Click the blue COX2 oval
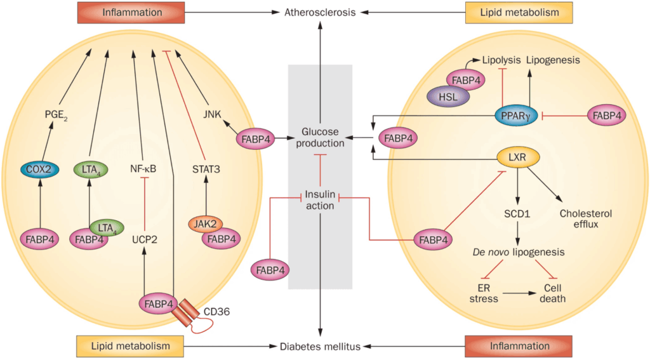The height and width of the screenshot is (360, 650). (40, 170)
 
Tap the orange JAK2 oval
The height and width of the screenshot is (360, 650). (204, 225)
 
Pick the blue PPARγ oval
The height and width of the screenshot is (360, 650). (520, 116)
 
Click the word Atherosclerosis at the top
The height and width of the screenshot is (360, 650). (320, 11)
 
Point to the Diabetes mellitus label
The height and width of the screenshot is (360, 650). (320, 347)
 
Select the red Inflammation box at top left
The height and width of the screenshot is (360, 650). (131, 11)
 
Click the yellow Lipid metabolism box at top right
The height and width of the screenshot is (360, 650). (519, 11)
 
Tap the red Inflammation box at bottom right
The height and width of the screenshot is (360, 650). (519, 346)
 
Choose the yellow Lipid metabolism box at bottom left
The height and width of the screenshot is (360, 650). (131, 346)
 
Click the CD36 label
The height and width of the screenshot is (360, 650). (216, 312)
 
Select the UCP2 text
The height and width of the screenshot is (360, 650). (144, 239)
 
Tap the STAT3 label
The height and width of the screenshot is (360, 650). (205, 169)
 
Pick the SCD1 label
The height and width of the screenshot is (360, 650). (519, 214)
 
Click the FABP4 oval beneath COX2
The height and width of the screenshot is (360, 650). (40, 239)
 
